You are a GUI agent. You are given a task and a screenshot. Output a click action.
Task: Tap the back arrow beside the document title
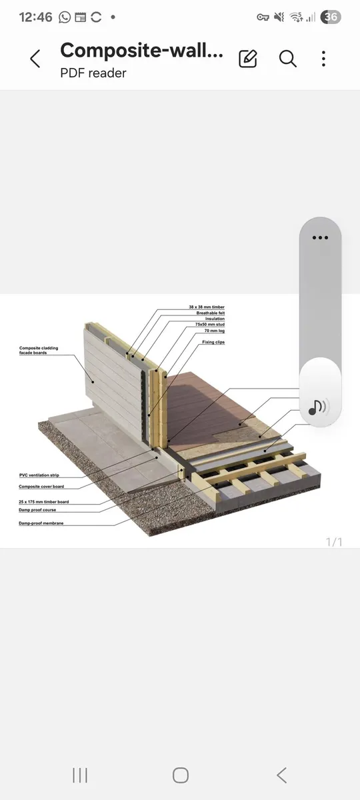coord(35,59)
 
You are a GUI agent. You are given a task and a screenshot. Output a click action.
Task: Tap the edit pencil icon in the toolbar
coord(248,59)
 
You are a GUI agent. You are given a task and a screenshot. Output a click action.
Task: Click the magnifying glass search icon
coord(287,59)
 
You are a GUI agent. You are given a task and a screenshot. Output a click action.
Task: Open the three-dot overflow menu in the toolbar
coord(323,59)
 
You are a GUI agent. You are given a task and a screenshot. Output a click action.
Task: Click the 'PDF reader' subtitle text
coord(93,73)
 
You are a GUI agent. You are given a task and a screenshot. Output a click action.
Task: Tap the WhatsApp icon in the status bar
coord(65,17)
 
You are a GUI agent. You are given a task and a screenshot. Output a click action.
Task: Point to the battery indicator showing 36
coord(331,17)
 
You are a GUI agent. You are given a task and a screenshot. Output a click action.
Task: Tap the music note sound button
coord(320,406)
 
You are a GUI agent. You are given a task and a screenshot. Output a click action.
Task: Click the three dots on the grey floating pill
coord(320,237)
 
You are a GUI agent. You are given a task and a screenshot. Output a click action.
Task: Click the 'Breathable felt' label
coord(210,313)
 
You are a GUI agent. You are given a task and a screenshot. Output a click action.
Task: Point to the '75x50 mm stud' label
coord(211,325)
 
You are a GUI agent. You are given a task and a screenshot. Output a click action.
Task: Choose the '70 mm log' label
coord(214,330)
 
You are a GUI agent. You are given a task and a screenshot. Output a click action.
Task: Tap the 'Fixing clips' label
coord(213,341)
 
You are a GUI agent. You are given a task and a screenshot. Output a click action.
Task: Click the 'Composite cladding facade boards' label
coord(39,350)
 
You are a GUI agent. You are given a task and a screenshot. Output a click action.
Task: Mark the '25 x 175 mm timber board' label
coord(44,501)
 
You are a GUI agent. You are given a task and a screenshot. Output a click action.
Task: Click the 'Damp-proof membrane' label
coord(41,524)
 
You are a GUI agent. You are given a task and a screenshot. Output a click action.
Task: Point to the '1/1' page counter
coord(333,541)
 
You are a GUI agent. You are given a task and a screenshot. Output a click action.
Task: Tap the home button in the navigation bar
coord(180,775)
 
